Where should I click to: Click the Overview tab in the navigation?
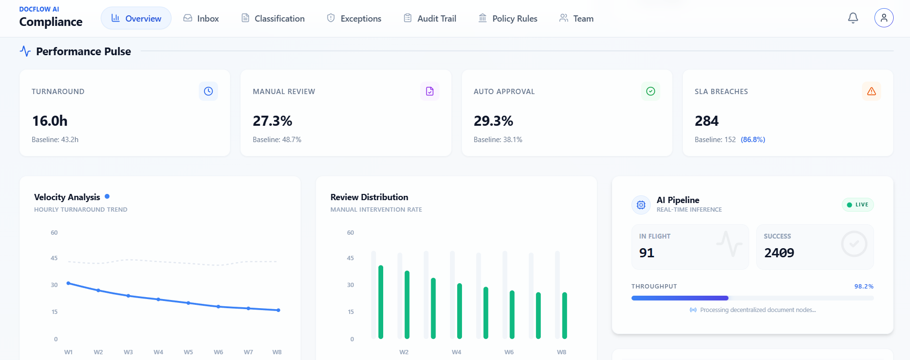(x=136, y=18)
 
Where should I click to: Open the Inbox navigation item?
(x=201, y=18)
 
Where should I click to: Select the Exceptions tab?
(x=354, y=18)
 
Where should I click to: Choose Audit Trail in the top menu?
(x=430, y=18)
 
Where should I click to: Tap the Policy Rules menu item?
(x=508, y=18)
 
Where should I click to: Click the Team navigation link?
(x=576, y=18)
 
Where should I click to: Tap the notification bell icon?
(x=853, y=18)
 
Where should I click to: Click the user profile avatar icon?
(x=884, y=18)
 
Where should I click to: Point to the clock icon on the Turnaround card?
(x=208, y=91)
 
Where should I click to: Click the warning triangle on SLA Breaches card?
(x=871, y=91)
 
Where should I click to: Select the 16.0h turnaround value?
(x=50, y=121)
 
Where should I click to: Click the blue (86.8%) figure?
(x=753, y=140)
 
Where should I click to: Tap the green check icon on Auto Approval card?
(x=651, y=91)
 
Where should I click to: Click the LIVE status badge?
(x=858, y=204)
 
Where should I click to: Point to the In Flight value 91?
(x=647, y=253)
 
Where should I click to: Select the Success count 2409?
(x=779, y=253)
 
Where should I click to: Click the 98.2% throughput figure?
(x=863, y=287)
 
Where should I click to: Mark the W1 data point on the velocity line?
(x=68, y=283)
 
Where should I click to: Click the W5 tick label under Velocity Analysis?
(x=188, y=352)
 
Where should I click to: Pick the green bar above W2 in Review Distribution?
(x=407, y=305)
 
